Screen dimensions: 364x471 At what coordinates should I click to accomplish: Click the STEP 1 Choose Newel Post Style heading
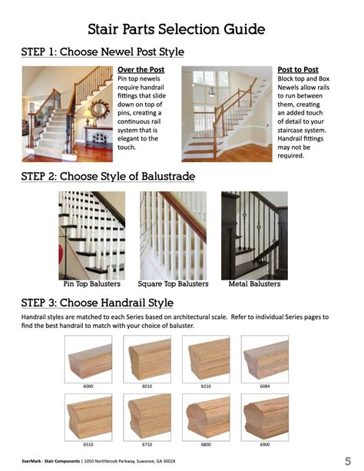click(x=102, y=52)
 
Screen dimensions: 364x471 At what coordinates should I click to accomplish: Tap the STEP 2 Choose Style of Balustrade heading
click(x=108, y=177)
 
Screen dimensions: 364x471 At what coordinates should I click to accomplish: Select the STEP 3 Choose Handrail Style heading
click(x=97, y=302)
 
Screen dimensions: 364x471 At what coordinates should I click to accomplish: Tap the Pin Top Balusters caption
click(x=91, y=284)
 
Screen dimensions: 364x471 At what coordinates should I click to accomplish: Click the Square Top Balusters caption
click(x=172, y=284)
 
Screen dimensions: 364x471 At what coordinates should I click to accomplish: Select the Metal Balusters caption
click(x=254, y=284)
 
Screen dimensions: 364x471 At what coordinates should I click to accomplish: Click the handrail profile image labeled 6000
click(x=88, y=359)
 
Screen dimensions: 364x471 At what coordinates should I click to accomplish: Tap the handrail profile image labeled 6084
click(x=266, y=359)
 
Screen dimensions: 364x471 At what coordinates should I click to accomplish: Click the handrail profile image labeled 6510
click(x=88, y=417)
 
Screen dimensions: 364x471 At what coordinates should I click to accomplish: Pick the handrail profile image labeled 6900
click(x=266, y=417)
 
